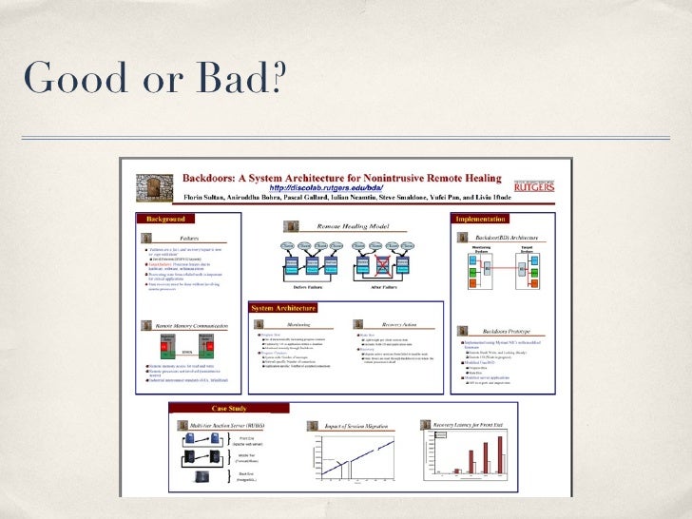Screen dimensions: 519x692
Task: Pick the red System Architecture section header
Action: (x=283, y=308)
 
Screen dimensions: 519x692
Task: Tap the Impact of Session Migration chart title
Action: (x=360, y=426)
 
